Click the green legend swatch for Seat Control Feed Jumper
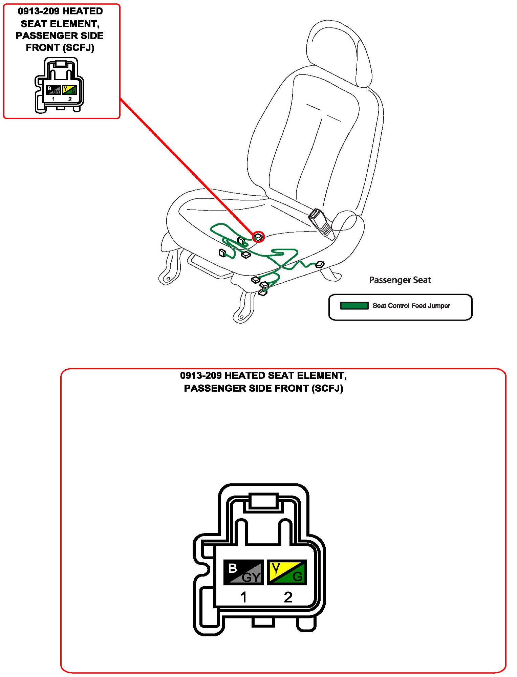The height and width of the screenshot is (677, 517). (354, 306)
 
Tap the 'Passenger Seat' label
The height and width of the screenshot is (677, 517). (400, 280)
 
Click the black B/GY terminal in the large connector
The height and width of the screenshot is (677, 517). (243, 572)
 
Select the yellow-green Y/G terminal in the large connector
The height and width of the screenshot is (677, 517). (287, 572)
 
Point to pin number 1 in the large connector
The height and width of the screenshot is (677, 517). (243, 597)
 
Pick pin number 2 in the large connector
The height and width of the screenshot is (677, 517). (288, 597)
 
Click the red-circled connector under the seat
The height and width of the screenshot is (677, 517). (258, 237)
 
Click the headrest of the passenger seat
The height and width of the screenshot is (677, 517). (339, 51)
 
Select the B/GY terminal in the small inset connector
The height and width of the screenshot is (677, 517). (53, 90)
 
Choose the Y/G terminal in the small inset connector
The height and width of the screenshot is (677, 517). (70, 90)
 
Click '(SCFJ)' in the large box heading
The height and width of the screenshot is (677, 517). (327, 388)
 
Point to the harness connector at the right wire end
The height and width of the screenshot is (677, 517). (320, 265)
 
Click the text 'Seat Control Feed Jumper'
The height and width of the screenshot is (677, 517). (411, 306)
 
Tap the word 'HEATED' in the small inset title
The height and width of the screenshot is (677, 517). (83, 11)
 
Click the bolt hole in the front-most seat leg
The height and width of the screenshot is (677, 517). (241, 317)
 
